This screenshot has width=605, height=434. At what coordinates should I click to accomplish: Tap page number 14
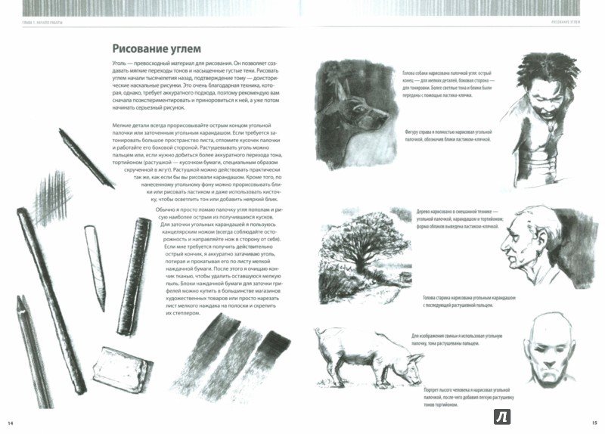(11, 422)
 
